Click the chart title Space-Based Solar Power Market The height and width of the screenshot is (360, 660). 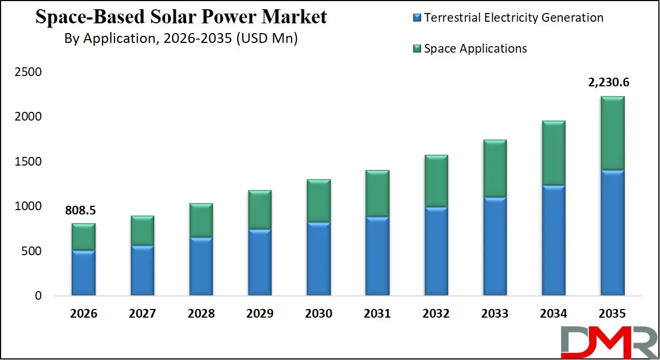pyautogui.click(x=181, y=17)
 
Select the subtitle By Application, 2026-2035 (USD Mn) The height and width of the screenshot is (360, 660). pyautogui.click(x=181, y=39)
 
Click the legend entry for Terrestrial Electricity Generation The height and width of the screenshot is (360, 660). pyautogui.click(x=513, y=17)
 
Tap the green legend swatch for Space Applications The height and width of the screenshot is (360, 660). pyautogui.click(x=417, y=49)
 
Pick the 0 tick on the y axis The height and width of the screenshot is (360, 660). pyautogui.click(x=38, y=296)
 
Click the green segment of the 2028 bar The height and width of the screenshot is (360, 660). pyautogui.click(x=200, y=220)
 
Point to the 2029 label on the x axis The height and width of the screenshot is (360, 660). pyautogui.click(x=259, y=314)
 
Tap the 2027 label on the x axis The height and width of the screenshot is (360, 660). pyautogui.click(x=142, y=314)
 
